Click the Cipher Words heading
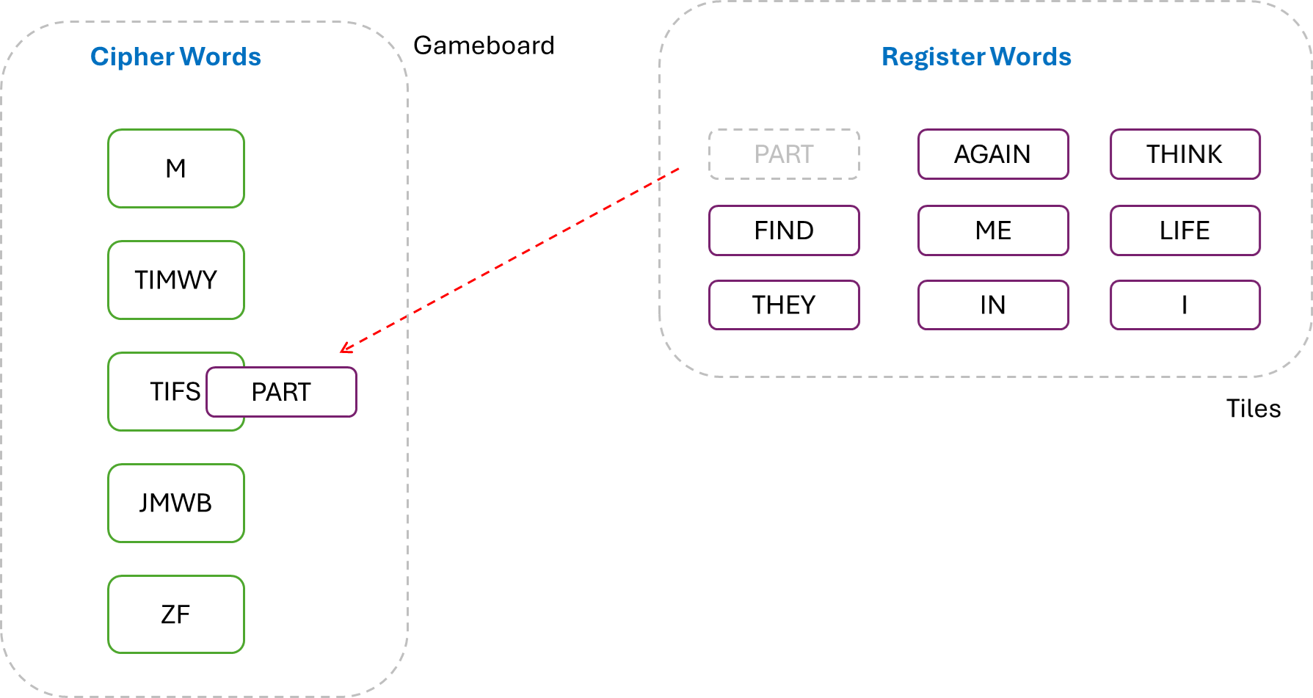[175, 57]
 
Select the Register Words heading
[976, 57]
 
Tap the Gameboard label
[484, 46]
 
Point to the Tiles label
[1253, 408]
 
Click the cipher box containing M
[176, 169]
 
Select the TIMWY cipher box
[176, 280]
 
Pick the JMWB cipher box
[176, 503]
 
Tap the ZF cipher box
[176, 614]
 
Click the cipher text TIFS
[175, 392]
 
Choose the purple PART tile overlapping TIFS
[282, 392]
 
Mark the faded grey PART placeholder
[784, 154]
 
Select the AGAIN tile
[993, 154]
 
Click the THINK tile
[1185, 154]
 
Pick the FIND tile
[784, 230]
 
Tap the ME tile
[993, 230]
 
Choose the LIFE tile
[1185, 230]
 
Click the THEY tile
[784, 305]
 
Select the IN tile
[993, 305]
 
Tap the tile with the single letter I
[1185, 305]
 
